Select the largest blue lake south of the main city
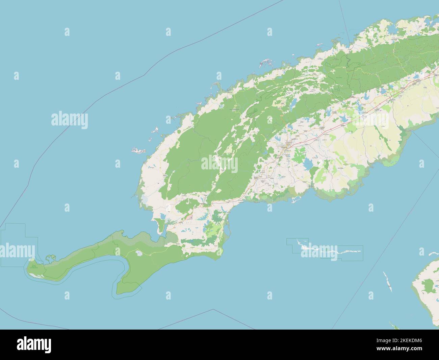point(308,165)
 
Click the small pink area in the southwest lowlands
point(191,217)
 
